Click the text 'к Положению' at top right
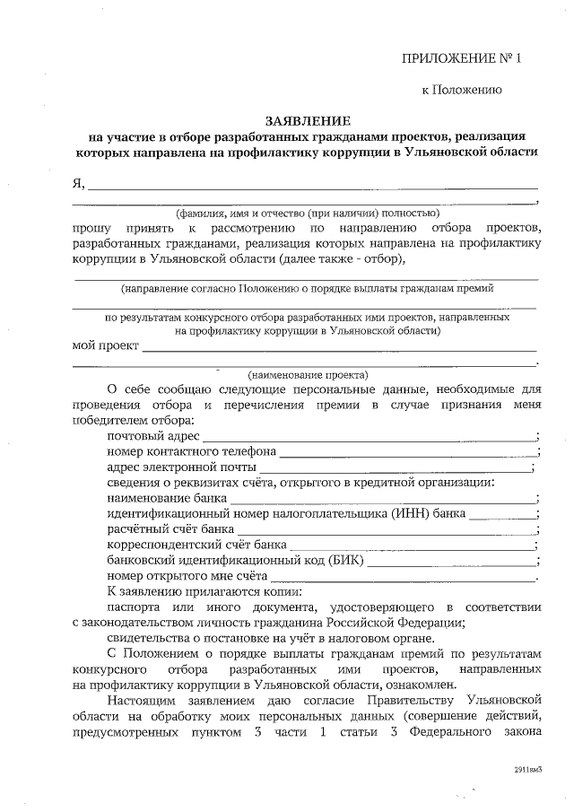click(462, 90)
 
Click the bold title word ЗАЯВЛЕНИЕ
click(309, 120)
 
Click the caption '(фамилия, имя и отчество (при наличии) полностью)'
click(308, 214)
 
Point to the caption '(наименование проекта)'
click(308, 374)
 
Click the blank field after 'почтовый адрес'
click(368, 436)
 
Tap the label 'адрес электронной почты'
click(181, 467)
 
